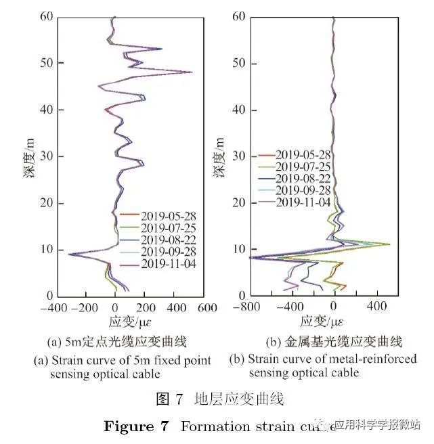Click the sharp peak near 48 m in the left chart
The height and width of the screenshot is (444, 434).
(x=192, y=72)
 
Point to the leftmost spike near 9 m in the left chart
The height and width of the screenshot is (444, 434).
(x=68, y=254)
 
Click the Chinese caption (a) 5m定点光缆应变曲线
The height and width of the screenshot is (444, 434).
(x=119, y=340)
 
